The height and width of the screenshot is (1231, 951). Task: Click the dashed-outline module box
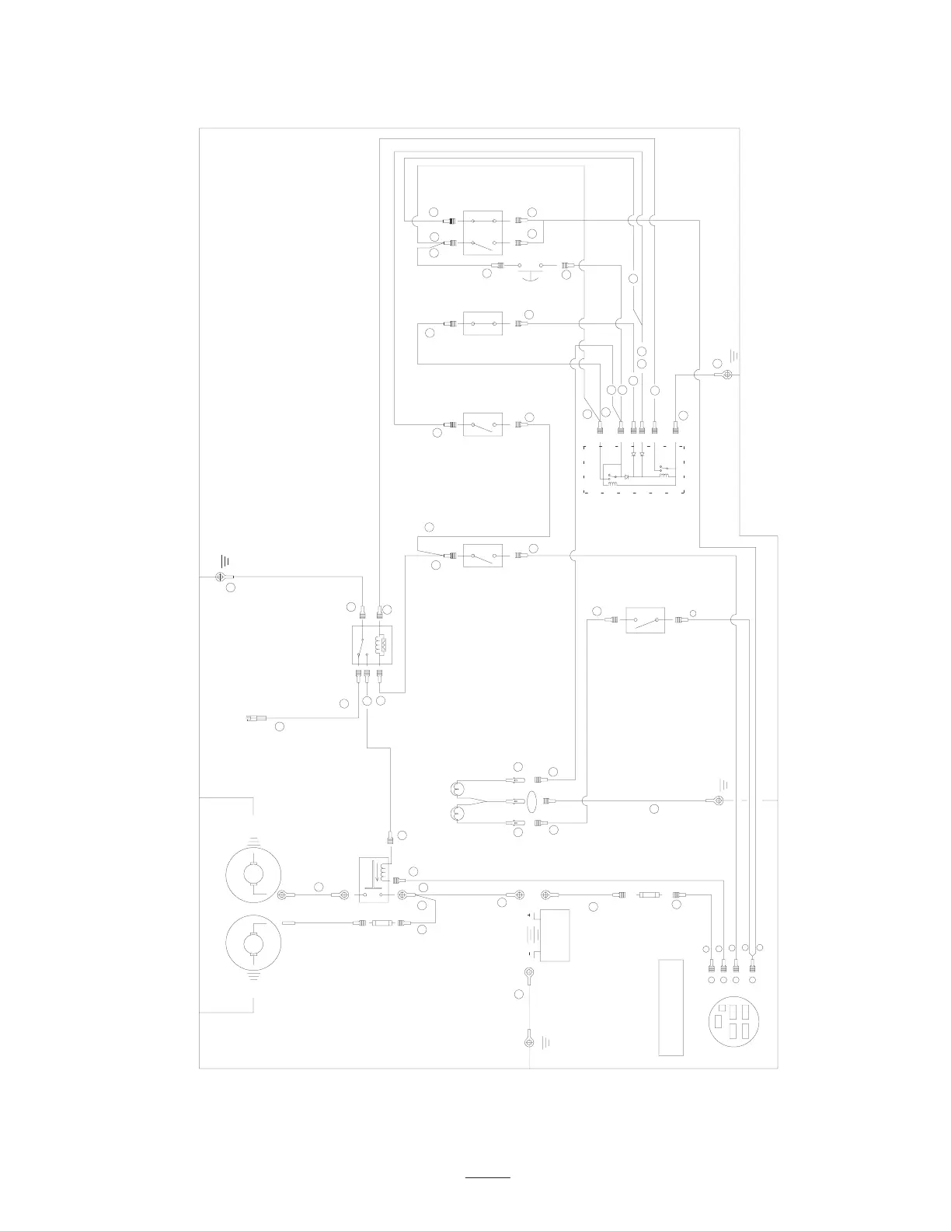632,469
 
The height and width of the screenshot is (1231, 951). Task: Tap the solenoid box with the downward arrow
374,880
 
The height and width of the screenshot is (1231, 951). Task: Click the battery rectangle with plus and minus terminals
554,935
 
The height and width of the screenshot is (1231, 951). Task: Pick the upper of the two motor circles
253,874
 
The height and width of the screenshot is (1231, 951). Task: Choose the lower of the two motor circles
253,943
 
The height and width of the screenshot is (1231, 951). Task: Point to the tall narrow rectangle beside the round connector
671,1007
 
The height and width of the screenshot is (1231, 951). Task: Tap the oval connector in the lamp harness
532,800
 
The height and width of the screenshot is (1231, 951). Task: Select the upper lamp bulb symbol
458,790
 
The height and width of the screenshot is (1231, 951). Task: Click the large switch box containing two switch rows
482,232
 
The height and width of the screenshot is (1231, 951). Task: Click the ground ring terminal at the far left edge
219,577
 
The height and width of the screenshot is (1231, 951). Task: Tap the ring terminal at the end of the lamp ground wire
719,800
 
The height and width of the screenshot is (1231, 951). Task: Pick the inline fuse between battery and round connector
648,895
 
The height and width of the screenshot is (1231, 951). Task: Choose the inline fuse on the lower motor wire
381,923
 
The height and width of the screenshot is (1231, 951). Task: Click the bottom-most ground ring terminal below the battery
528,1038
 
